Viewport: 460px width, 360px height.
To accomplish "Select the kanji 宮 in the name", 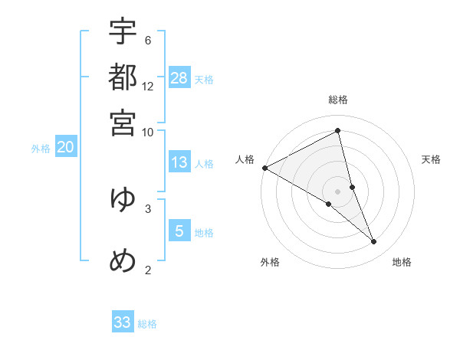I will click(x=123, y=121).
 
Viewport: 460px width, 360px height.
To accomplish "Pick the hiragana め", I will click(x=123, y=260).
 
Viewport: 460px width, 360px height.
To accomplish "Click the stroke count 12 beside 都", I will click(x=148, y=86).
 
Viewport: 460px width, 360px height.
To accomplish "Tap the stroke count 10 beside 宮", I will click(x=148, y=131).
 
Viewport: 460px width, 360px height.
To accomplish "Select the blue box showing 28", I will click(x=179, y=77).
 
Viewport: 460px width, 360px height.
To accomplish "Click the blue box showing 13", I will click(x=179, y=162).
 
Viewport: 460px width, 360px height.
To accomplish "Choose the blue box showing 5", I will click(x=179, y=231).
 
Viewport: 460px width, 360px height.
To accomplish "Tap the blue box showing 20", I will click(x=65, y=147).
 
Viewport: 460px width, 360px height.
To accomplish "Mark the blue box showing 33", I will click(x=123, y=322).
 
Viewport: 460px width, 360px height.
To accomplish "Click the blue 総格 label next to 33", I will click(x=147, y=324).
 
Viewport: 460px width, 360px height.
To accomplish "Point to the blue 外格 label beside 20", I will click(x=41, y=149).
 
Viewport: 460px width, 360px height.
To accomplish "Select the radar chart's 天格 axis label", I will click(x=432, y=159).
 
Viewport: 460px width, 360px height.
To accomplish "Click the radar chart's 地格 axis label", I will click(x=402, y=262).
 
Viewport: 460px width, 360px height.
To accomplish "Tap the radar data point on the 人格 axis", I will click(x=264, y=167).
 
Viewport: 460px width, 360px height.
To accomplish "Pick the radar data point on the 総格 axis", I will click(x=338, y=132).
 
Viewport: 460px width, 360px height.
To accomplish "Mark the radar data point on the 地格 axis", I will click(x=374, y=241).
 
